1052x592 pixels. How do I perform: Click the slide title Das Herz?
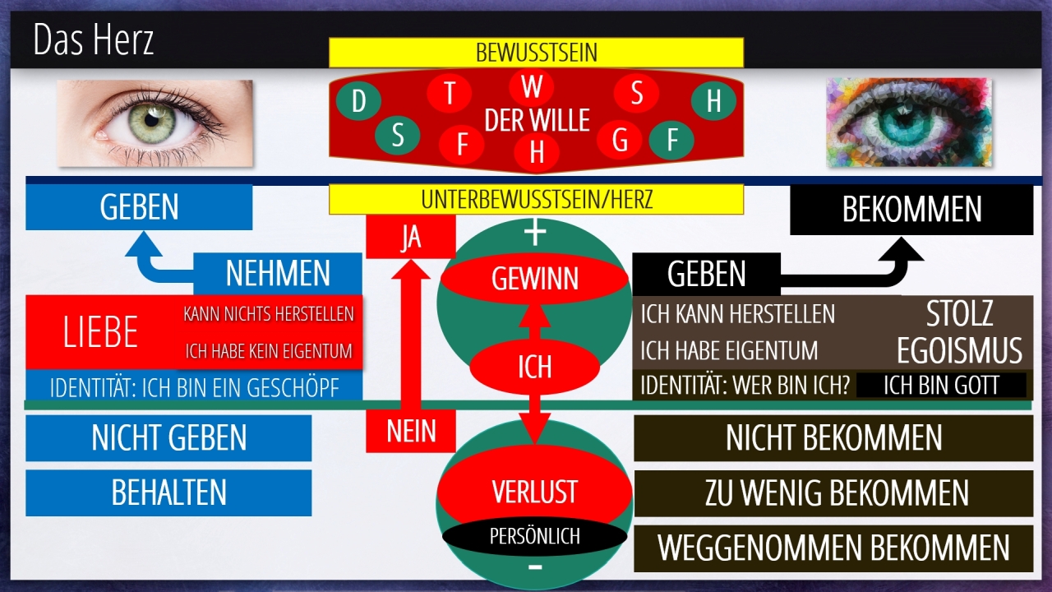point(94,39)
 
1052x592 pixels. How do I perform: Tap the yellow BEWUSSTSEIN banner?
point(536,53)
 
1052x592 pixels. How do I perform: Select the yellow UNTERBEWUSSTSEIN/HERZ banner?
point(536,199)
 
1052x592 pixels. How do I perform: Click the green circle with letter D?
point(358,101)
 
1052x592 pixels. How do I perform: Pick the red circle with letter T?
point(450,93)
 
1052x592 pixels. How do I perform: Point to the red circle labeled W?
point(531,86)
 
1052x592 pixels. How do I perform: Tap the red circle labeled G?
point(621,141)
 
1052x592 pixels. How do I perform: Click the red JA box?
point(410,237)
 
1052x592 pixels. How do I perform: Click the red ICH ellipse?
point(534,367)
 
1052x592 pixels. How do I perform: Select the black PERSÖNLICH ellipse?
point(534,536)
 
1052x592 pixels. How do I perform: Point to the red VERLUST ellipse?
point(534,492)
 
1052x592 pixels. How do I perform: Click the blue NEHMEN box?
point(278,274)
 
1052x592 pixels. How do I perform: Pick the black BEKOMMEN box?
point(911,210)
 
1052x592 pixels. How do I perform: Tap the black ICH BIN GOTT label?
point(941,385)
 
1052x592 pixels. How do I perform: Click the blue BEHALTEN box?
point(168,493)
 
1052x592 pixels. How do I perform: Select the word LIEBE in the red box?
point(100,332)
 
